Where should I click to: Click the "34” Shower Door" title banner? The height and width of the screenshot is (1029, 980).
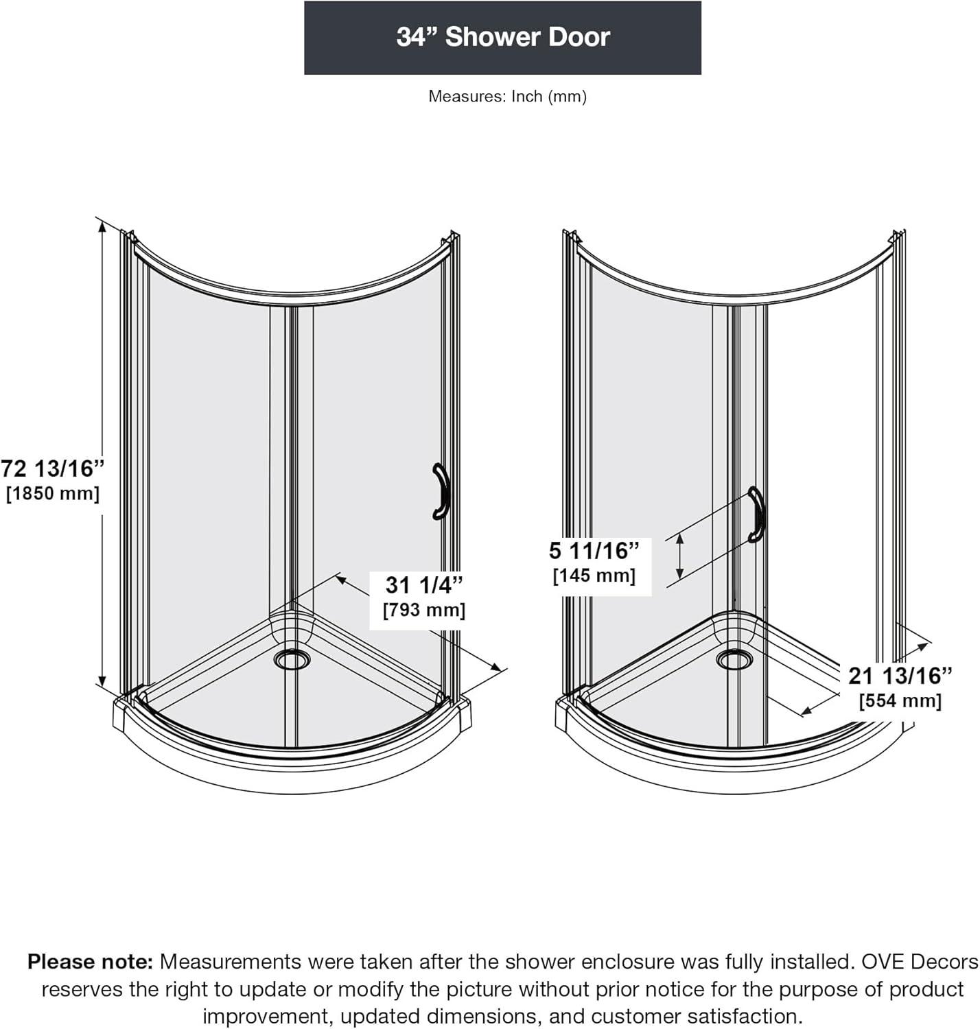(x=502, y=38)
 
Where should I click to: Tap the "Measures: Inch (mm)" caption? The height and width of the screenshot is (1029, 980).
(x=507, y=96)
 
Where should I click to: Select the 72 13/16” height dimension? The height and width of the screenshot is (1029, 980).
(x=53, y=469)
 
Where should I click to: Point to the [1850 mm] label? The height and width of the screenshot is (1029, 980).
(x=53, y=493)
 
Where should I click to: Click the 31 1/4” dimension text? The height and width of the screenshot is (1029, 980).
(x=424, y=584)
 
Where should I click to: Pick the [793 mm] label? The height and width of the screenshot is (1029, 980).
(x=424, y=610)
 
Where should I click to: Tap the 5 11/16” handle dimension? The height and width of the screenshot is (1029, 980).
(x=594, y=550)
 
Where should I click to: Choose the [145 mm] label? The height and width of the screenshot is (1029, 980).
(x=594, y=576)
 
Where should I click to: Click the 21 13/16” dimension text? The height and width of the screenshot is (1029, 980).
(x=900, y=676)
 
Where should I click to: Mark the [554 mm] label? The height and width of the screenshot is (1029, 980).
(x=900, y=700)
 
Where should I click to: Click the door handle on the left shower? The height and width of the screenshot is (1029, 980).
(x=439, y=491)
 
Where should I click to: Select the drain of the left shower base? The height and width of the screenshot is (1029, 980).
(x=292, y=659)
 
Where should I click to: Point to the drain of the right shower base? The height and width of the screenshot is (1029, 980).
(x=734, y=659)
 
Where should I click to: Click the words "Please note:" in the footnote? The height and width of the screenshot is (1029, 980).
(x=90, y=962)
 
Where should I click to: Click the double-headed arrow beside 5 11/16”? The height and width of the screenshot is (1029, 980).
(x=679, y=556)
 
